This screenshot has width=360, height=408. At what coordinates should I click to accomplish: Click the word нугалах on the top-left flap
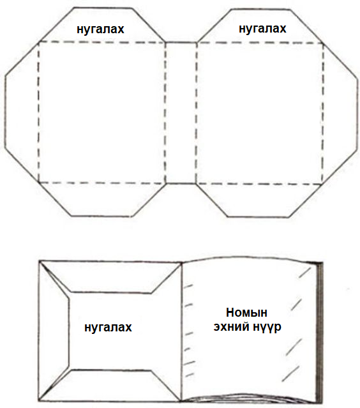coord(100,29)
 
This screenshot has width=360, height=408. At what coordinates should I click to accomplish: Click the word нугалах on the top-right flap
coord(262,29)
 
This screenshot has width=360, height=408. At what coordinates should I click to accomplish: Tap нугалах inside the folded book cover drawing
coord(108,328)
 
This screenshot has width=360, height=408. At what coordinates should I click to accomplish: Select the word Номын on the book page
coord(246,312)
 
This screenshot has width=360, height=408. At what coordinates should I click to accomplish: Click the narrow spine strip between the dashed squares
coord(181,112)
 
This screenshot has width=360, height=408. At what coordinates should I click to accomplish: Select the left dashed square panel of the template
coord(101,112)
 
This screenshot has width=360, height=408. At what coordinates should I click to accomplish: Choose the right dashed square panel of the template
coord(260,114)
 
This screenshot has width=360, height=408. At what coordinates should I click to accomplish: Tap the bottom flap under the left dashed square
coord(101,199)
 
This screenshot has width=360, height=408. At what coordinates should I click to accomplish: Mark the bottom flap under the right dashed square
coord(259,200)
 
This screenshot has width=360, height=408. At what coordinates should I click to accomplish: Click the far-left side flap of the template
coord(21,111)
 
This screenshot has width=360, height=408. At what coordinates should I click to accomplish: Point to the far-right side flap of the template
coord(340,114)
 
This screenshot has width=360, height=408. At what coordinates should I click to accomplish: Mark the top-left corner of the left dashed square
coord(38,42)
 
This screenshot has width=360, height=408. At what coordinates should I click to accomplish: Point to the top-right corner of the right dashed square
coord(323,43)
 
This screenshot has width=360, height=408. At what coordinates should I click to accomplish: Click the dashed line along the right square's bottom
coord(259,185)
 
